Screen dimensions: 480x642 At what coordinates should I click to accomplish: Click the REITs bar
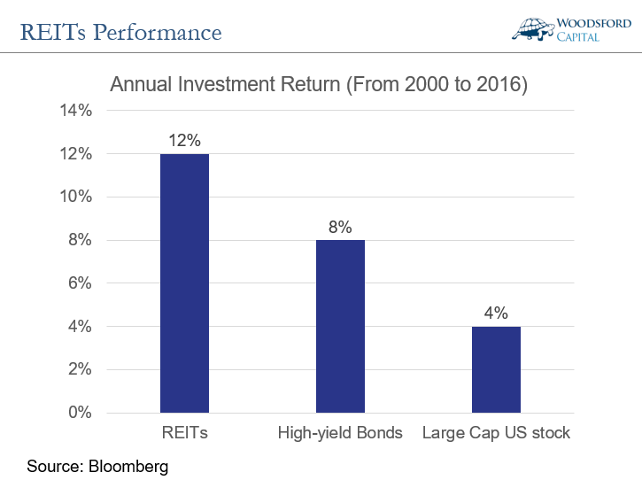tap(184, 283)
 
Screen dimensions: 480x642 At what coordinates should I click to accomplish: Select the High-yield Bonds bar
tap(340, 326)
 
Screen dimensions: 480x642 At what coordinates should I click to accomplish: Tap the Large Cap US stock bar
tap(496, 369)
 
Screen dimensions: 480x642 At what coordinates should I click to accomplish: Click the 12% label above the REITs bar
tap(184, 140)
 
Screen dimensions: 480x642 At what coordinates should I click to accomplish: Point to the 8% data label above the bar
tap(340, 226)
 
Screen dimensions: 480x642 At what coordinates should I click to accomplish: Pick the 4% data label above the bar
tap(496, 313)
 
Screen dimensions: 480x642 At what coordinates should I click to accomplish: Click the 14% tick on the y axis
tap(75, 111)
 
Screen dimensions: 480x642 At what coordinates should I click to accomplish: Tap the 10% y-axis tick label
tap(75, 197)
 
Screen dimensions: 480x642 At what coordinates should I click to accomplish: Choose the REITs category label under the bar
tap(184, 434)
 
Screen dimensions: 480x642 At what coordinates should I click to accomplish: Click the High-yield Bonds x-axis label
tap(340, 434)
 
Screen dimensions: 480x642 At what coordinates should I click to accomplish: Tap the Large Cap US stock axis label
tap(496, 434)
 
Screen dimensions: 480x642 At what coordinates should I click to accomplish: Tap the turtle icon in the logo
tap(533, 27)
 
